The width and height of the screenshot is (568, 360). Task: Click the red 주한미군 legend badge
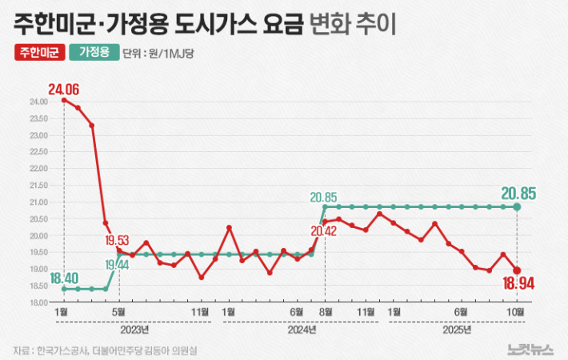coord(38,54)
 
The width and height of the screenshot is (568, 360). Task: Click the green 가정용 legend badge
coord(94,54)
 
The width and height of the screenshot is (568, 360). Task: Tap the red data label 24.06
coord(63,89)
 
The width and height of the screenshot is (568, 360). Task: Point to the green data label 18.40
coord(63,278)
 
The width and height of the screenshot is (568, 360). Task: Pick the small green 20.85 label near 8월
coord(326,196)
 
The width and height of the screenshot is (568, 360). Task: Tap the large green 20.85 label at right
coord(518,193)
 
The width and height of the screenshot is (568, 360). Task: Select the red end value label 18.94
coord(517,282)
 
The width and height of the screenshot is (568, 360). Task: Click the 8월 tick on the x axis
coord(325,311)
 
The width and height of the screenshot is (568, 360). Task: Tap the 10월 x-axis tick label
coord(516,311)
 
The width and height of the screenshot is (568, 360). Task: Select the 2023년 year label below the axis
coord(134,328)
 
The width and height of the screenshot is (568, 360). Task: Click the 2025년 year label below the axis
coord(455,328)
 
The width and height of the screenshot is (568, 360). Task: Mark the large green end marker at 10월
coord(517,207)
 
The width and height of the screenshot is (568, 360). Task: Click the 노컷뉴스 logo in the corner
coord(530,349)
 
